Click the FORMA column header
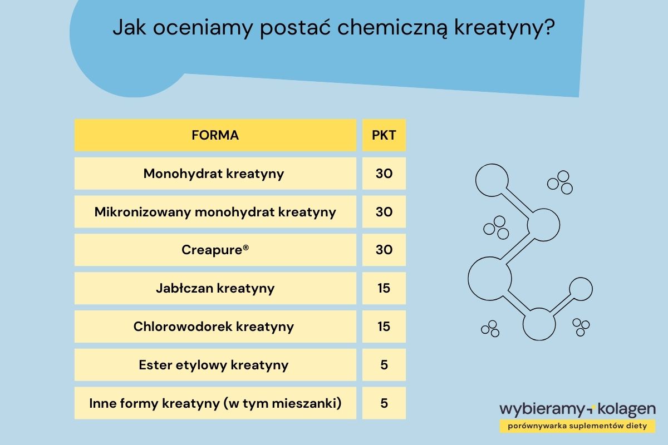point(215,135)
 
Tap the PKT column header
point(384,135)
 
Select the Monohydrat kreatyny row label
point(214,174)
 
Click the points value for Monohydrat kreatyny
point(384,174)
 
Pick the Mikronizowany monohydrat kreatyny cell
point(215,212)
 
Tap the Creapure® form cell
point(215,250)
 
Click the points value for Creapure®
point(384,250)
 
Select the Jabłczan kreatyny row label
point(215,288)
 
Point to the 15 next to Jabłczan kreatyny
point(384,288)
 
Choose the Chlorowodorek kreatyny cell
point(214,327)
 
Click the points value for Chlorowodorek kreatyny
point(384,327)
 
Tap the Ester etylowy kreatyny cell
point(214,365)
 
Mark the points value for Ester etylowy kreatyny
point(384,365)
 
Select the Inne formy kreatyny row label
point(215,403)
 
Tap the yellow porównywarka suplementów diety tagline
point(577,426)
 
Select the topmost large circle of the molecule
point(492,179)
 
